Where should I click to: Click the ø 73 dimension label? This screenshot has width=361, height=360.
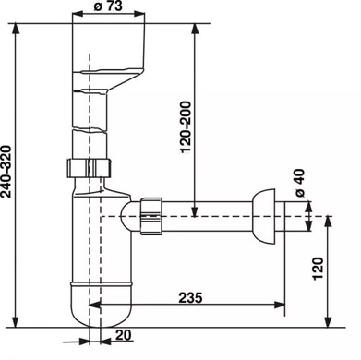click(108, 6)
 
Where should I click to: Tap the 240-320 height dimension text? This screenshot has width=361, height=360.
click(6, 172)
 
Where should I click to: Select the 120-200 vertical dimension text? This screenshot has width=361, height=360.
click(186, 127)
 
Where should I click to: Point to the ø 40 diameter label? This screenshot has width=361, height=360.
click(299, 183)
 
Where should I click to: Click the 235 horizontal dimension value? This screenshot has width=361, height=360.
click(190, 297)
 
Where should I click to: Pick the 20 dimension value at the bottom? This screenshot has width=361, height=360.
click(123, 335)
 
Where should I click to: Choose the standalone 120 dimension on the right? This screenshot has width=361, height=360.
click(319, 269)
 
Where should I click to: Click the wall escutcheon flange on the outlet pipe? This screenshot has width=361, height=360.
click(263, 217)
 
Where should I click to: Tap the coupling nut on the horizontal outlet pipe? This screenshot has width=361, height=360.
click(151, 216)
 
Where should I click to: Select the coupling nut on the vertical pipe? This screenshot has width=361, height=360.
click(90, 168)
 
